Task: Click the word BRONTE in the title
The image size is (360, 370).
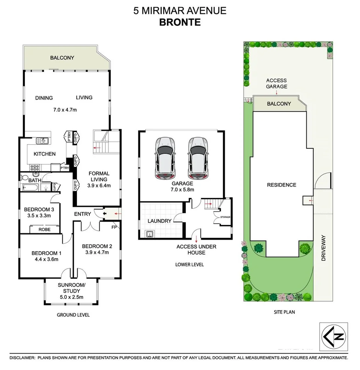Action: click(180, 22)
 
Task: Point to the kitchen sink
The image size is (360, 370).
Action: click(43, 140)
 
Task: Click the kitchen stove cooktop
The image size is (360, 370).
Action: click(35, 168)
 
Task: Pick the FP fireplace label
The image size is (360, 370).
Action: click(114, 226)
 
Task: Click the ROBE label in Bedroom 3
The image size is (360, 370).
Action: click(44, 229)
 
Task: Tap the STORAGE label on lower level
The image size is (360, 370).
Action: click(225, 217)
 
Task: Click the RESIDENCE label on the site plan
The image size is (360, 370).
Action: click(282, 185)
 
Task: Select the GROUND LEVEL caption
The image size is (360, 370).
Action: click(74, 315)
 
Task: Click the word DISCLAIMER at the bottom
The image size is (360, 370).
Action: click(22, 358)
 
